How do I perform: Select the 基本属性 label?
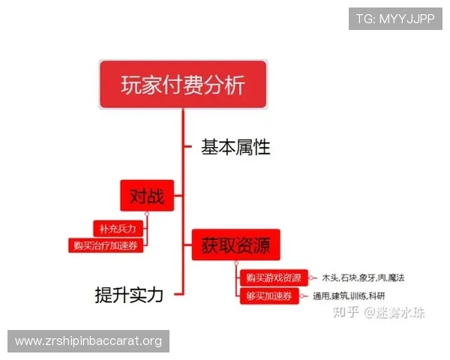(235, 147)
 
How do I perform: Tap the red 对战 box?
(147, 197)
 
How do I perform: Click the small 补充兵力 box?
(117, 227)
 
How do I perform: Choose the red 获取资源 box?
(235, 245)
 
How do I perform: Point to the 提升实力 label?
(129, 294)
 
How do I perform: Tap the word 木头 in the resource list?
(329, 278)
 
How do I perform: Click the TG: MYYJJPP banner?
(394, 18)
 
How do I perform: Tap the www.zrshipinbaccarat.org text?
(88, 341)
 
